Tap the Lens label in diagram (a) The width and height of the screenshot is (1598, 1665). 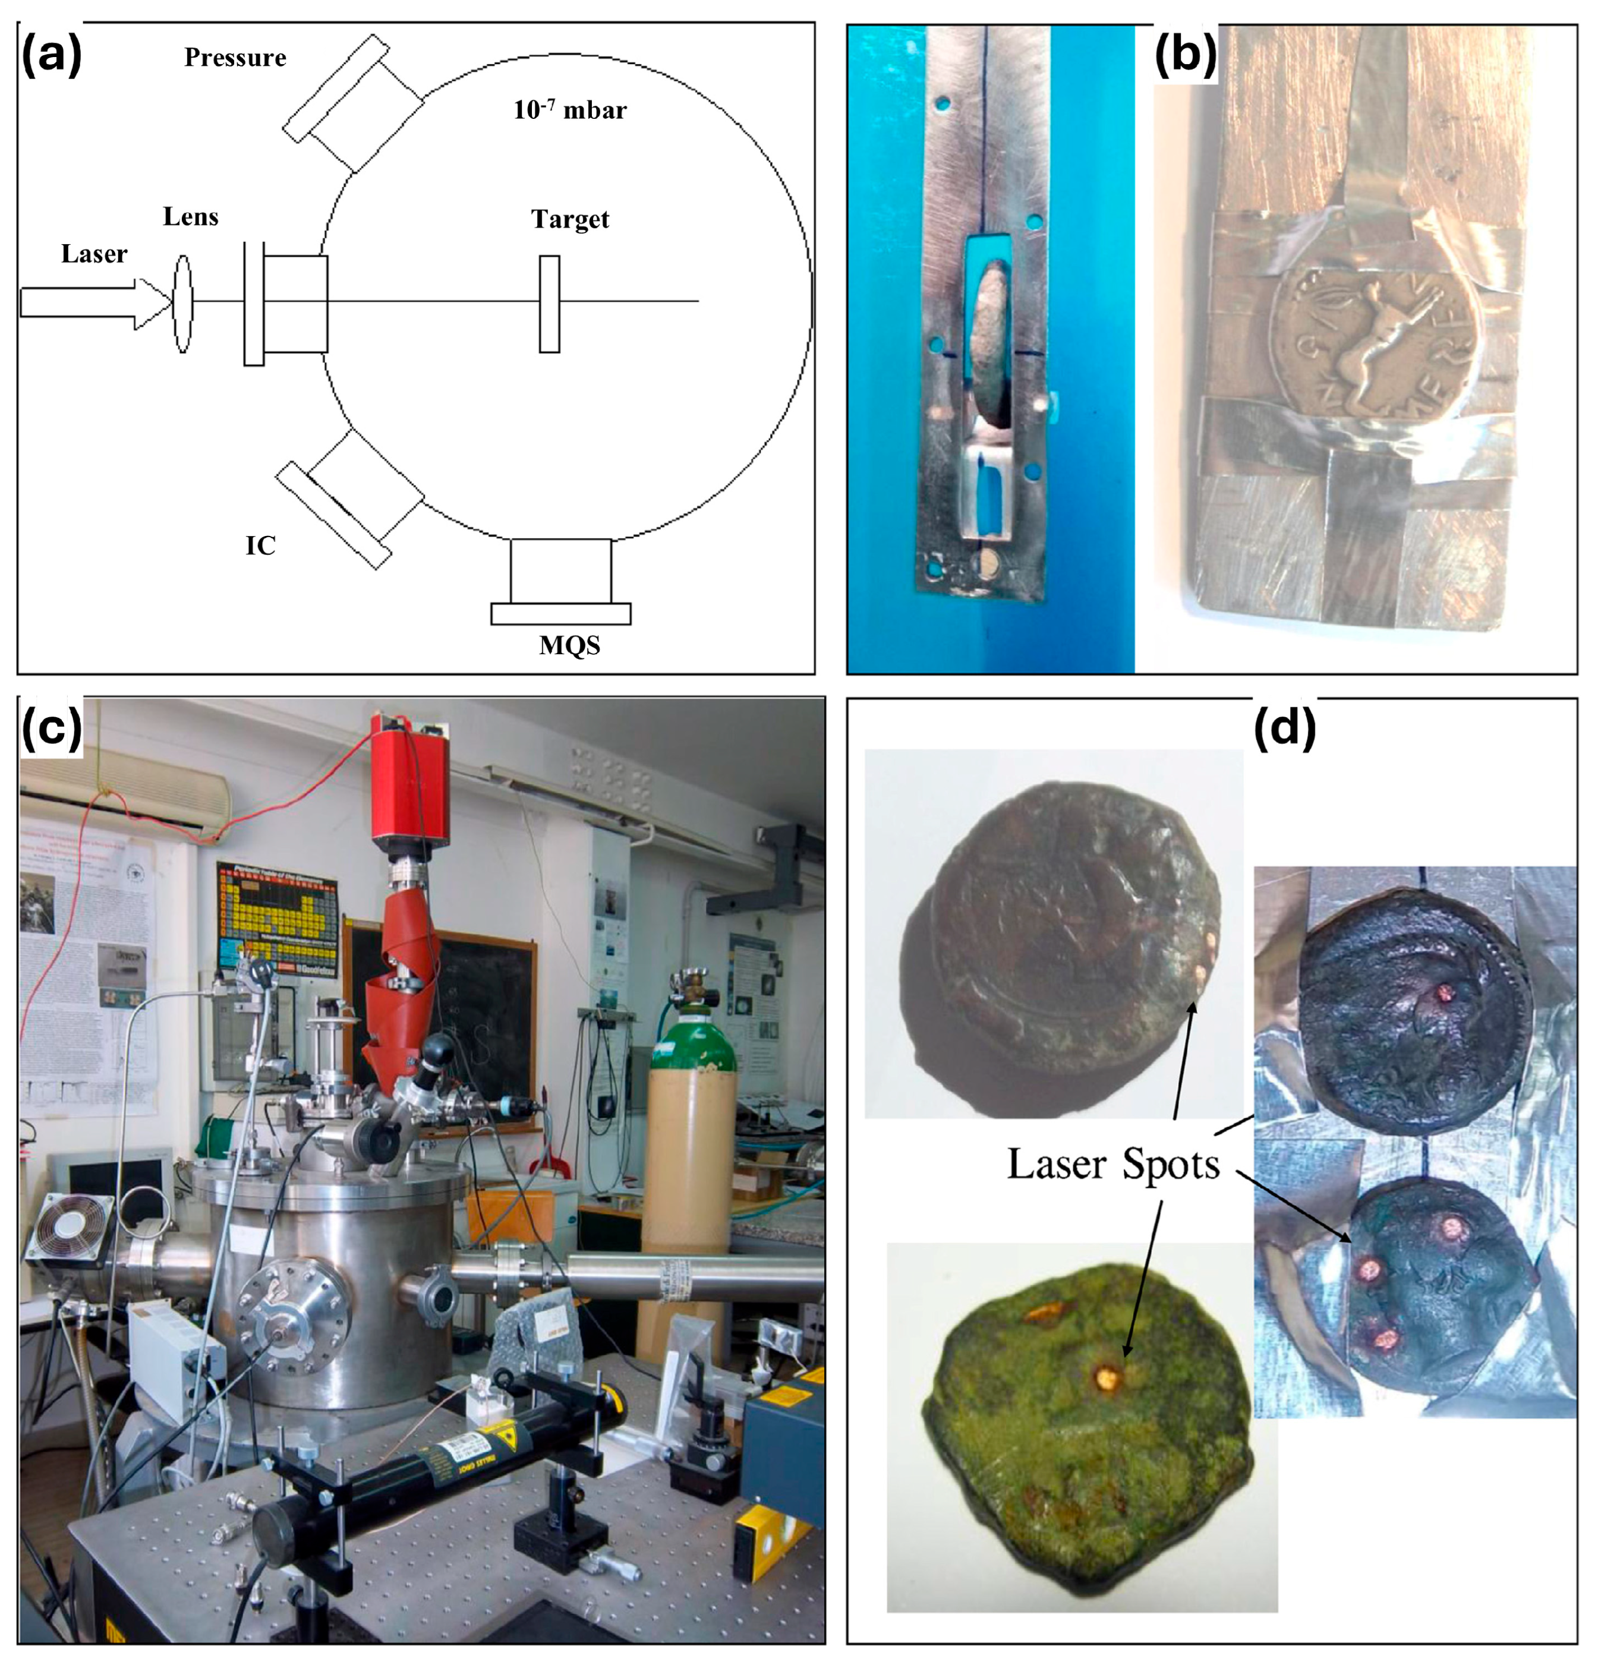tap(190, 217)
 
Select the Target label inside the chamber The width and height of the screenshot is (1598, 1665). tap(570, 219)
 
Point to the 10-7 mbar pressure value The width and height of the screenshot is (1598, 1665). tap(569, 109)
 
